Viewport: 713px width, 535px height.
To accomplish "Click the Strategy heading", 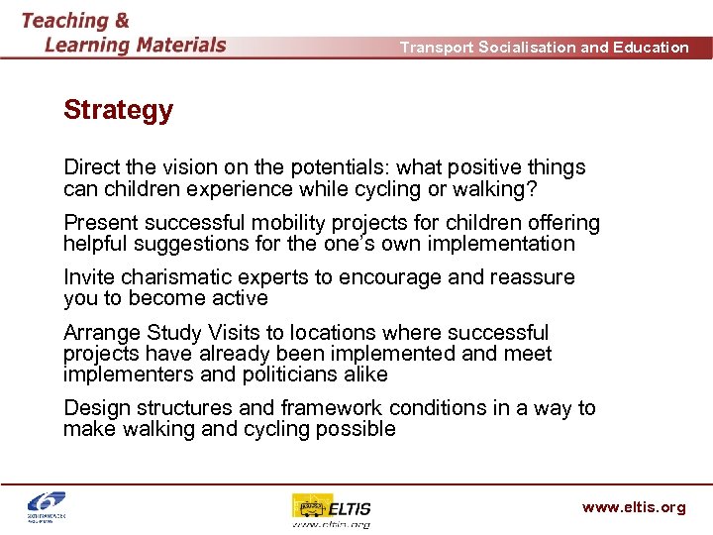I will click(118, 110).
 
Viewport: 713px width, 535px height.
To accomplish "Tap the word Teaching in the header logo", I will click(65, 21).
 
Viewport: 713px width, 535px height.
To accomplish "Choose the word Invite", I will click(89, 277).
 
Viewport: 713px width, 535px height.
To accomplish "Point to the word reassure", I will click(534, 277).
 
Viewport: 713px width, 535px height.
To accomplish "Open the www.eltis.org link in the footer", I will click(633, 507).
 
